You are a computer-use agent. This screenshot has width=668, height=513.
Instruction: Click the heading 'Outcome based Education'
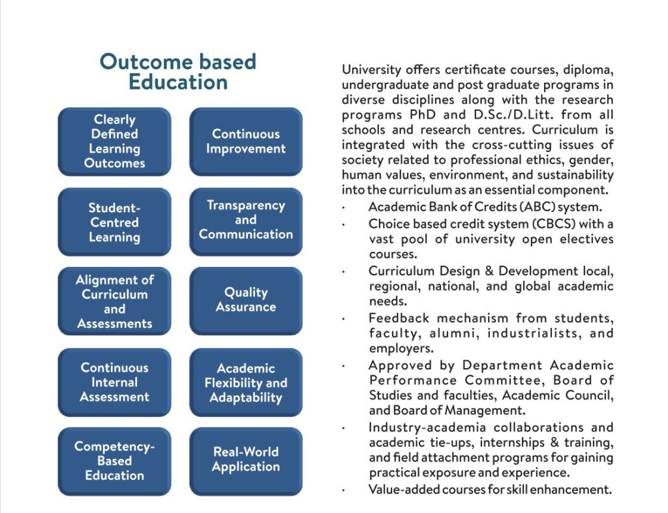pos(177,72)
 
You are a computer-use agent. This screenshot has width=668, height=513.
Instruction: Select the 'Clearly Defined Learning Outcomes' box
pos(115,142)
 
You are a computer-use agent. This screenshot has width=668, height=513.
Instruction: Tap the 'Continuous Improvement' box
pos(246,142)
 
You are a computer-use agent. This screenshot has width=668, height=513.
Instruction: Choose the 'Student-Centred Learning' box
pos(115,222)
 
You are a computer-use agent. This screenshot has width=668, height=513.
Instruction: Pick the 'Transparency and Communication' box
pos(246,220)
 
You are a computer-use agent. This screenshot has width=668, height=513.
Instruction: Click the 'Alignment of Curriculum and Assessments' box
pos(115,301)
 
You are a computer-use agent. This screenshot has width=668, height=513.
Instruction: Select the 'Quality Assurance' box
pos(246,300)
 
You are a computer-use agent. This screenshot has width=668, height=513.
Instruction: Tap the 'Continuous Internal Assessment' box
pos(115,382)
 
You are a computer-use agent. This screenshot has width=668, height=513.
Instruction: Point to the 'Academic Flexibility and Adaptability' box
pos(246,382)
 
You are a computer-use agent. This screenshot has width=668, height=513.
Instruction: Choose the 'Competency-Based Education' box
pos(115,461)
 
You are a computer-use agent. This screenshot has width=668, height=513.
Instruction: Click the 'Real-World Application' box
pos(246,459)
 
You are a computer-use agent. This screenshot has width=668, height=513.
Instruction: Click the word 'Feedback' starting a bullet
pos(399,318)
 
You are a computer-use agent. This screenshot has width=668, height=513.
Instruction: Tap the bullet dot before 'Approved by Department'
pos(344,366)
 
